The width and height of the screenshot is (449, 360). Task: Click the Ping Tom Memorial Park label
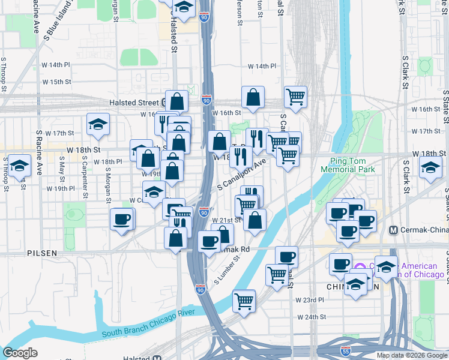point(352,165)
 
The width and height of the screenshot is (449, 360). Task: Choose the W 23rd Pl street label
point(310,299)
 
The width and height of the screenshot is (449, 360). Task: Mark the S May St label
point(61,170)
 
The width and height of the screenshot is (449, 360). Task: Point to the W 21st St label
point(226,220)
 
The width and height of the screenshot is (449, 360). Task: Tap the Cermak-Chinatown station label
point(423,230)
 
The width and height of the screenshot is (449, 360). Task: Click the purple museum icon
point(359,267)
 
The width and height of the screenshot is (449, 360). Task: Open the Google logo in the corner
point(20,353)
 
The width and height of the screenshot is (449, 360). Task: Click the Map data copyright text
point(411,355)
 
